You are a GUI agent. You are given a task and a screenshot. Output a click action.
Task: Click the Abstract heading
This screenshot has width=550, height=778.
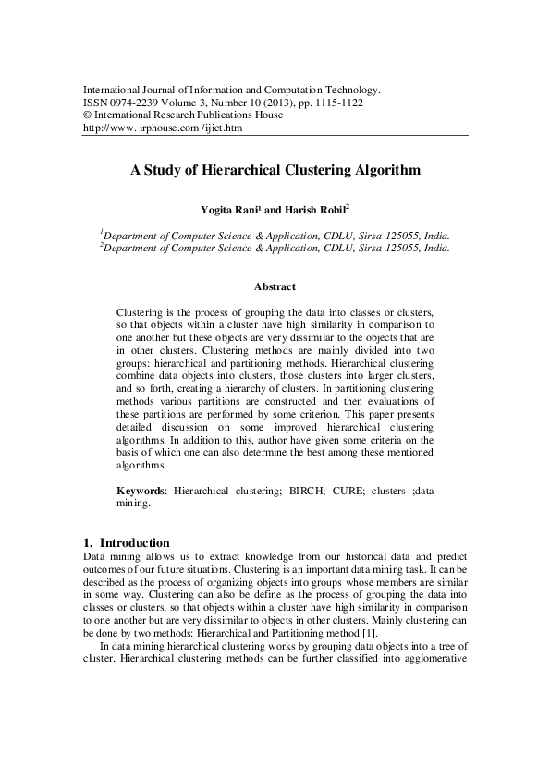click(275, 287)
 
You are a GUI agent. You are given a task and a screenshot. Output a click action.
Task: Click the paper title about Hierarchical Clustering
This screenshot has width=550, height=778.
click(275, 171)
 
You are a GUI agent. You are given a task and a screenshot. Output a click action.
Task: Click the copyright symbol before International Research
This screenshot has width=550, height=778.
click(87, 115)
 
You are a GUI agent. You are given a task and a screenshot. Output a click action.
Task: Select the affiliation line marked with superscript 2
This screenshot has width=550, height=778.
click(275, 248)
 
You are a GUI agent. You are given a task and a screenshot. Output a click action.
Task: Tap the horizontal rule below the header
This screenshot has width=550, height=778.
click(275, 137)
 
